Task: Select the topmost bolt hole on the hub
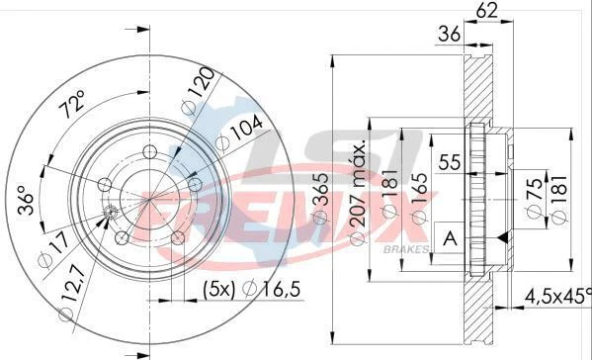[149, 151]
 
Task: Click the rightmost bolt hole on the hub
[195, 184]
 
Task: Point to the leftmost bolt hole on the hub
[104, 185]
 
